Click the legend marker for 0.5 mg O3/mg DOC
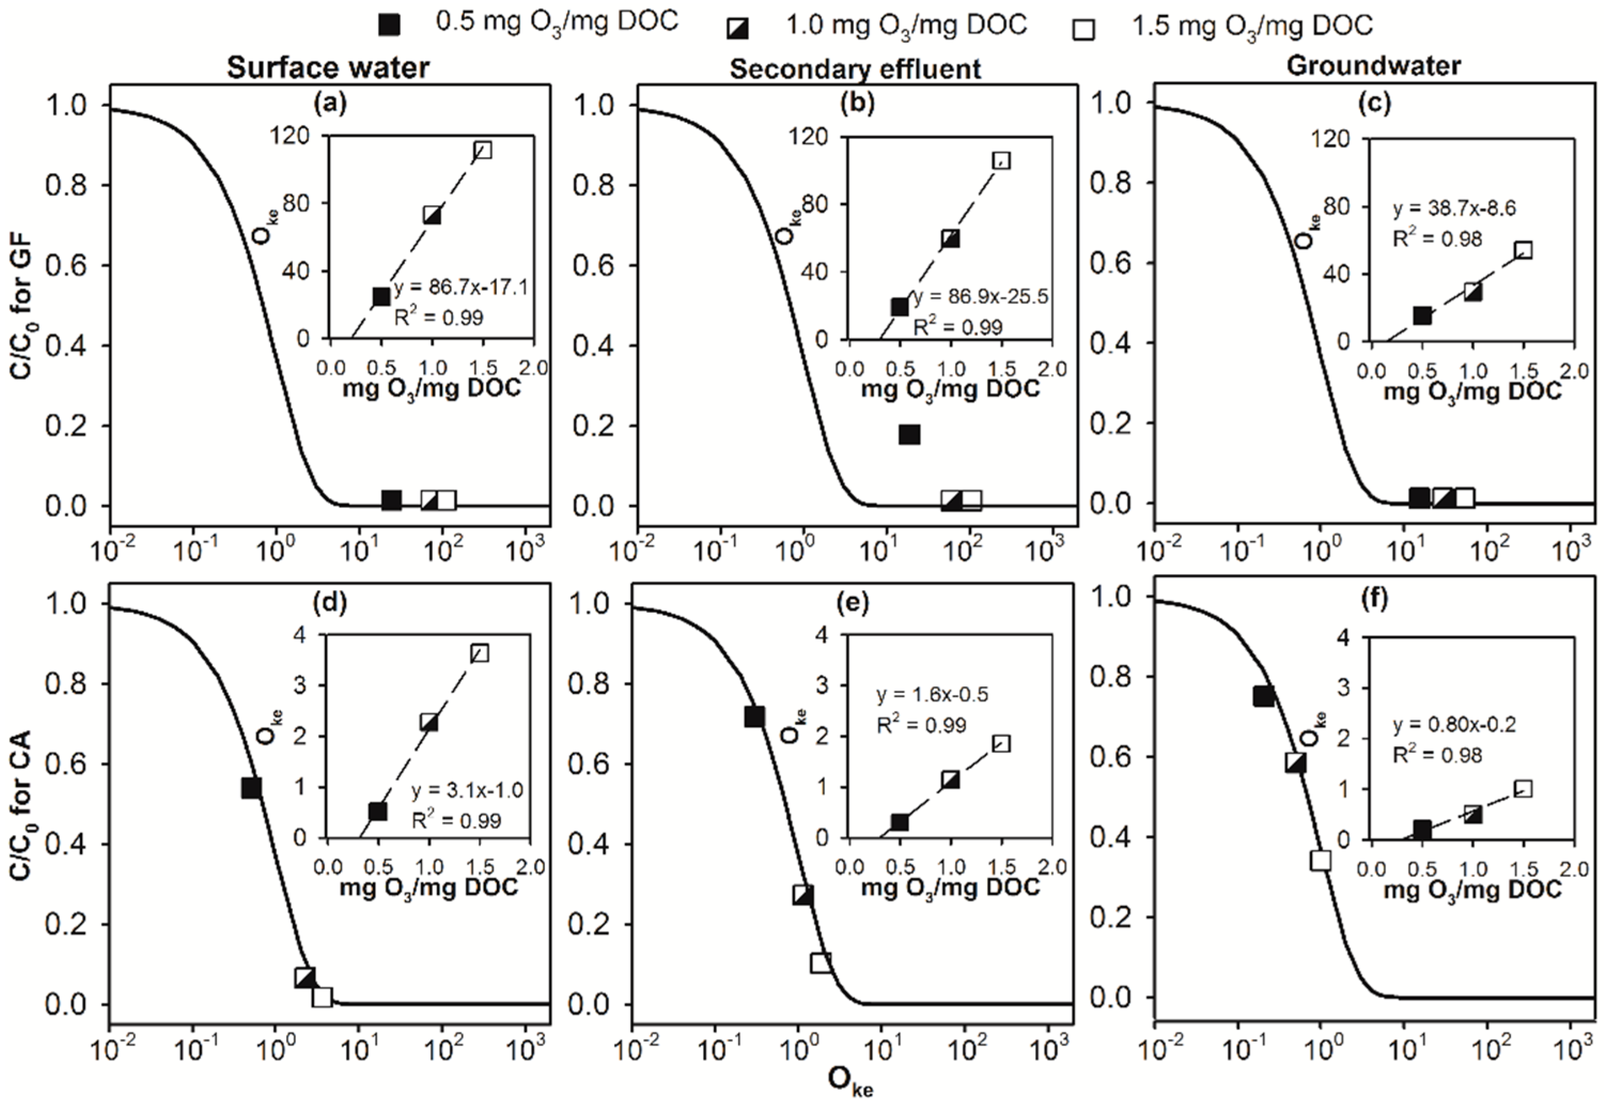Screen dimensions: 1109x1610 click(388, 26)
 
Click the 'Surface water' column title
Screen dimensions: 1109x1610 click(328, 68)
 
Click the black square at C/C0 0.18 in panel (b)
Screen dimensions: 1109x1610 click(909, 435)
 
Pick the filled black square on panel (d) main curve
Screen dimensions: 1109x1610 click(251, 787)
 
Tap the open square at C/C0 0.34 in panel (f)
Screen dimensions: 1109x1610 click(1321, 860)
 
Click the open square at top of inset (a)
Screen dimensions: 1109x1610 click(482, 150)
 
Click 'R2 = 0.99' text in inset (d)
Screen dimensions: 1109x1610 click(456, 820)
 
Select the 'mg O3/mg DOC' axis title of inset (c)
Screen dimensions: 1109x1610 click(1472, 393)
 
